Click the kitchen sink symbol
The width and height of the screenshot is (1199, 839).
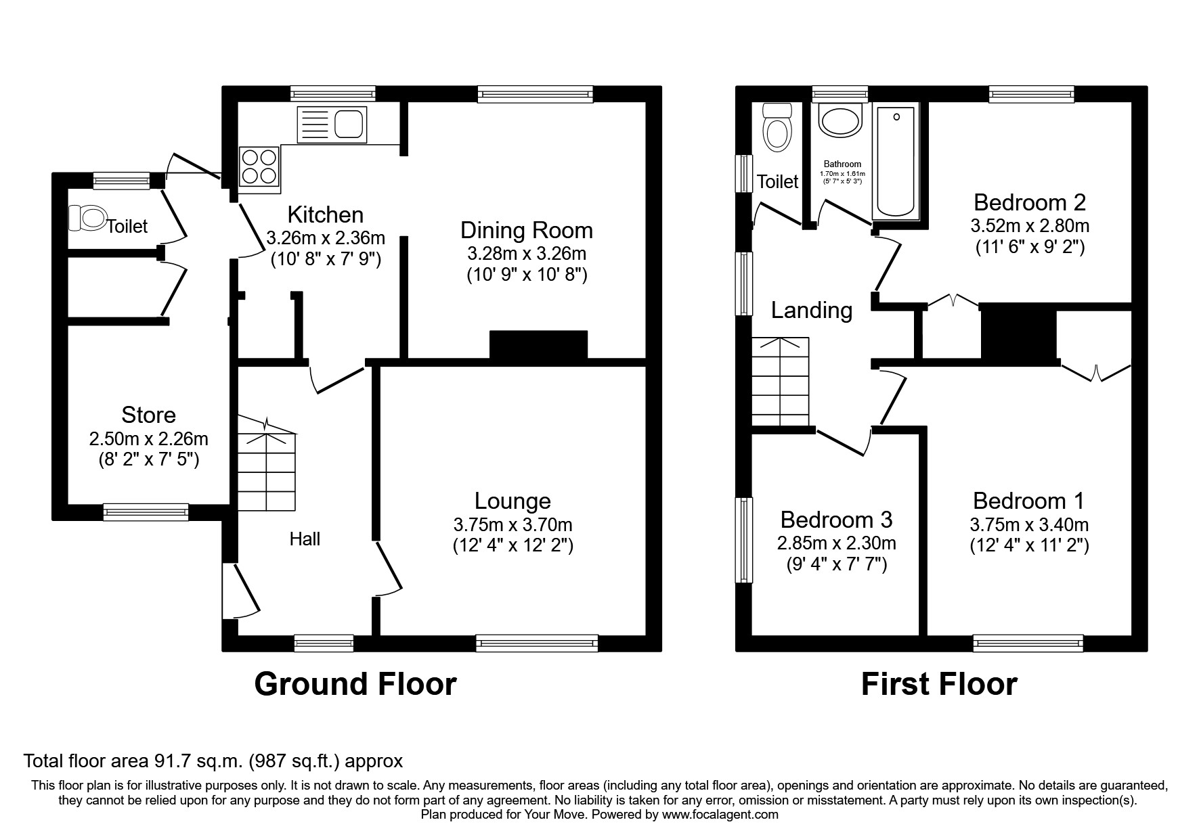pyautogui.click(x=332, y=125)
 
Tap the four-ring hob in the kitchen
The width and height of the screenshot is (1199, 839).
pyautogui.click(x=259, y=166)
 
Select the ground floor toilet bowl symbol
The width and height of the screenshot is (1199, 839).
pyautogui.click(x=87, y=218)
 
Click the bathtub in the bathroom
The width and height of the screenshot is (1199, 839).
pyautogui.click(x=896, y=162)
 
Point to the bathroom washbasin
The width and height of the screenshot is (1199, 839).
pyautogui.click(x=840, y=121)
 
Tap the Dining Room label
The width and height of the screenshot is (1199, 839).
pyautogui.click(x=526, y=231)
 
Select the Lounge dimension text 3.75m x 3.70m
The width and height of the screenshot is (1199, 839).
pyautogui.click(x=513, y=525)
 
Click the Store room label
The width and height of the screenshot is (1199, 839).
pyautogui.click(x=148, y=415)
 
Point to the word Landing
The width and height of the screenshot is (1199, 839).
pyautogui.click(x=812, y=311)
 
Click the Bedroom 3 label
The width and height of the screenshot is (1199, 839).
pyautogui.click(x=836, y=520)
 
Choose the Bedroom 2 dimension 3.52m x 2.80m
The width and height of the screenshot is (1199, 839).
pyautogui.click(x=1030, y=225)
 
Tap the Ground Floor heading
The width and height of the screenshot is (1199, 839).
pyautogui.click(x=355, y=684)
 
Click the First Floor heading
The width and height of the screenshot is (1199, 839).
pyautogui.click(x=938, y=684)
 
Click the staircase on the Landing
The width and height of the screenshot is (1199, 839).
pyautogui.click(x=781, y=382)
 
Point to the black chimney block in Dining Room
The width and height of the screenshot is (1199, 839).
pyautogui.click(x=538, y=344)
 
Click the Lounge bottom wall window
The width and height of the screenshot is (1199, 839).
pyautogui.click(x=537, y=643)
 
